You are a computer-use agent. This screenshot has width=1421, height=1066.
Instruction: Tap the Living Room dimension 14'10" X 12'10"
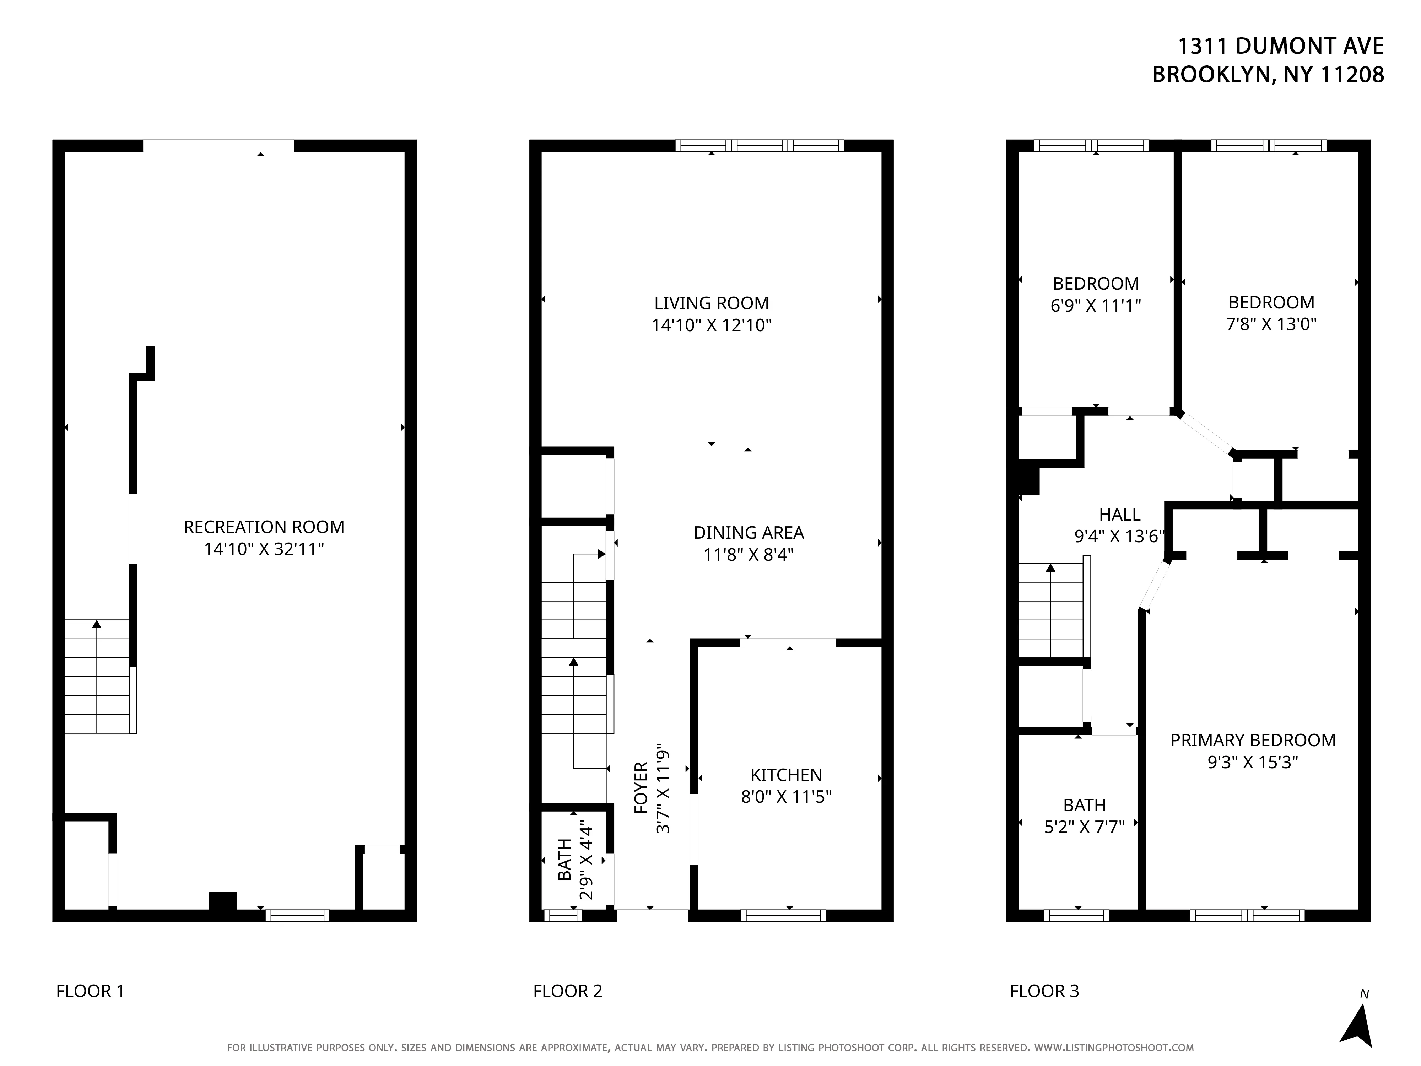pyautogui.click(x=711, y=325)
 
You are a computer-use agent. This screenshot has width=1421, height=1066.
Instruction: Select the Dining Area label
pyautogui.click(x=749, y=533)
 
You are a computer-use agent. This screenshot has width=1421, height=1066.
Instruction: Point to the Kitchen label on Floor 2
pyautogui.click(x=786, y=775)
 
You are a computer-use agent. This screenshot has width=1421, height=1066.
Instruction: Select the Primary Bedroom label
pyautogui.click(x=1253, y=740)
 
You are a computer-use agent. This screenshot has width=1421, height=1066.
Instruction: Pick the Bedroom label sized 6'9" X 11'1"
pyautogui.click(x=1095, y=283)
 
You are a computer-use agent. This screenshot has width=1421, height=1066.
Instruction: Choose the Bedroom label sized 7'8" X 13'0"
pyautogui.click(x=1271, y=302)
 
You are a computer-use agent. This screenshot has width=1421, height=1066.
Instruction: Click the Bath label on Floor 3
pyautogui.click(x=1084, y=805)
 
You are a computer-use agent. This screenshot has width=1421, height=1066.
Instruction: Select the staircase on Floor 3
pyautogui.click(x=1051, y=610)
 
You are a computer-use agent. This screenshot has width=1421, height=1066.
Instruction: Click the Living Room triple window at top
pyautogui.click(x=759, y=145)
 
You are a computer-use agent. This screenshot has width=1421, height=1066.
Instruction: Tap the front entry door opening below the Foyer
pyautogui.click(x=652, y=915)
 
